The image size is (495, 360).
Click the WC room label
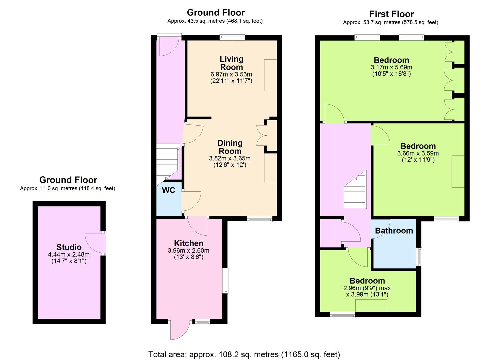coord(168,190)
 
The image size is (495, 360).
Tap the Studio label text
coord(69,247)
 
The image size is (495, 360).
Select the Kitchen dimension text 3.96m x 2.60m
coord(188,251)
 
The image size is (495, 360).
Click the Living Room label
coord(231,63)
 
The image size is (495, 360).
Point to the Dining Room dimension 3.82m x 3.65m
coord(230,158)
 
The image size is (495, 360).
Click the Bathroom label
coord(394,231)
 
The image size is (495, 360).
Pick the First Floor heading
coord(392,14)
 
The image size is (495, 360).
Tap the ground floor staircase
coord(168,162)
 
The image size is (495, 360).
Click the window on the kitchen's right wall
coord(225,281)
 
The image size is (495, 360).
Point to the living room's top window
coord(232,37)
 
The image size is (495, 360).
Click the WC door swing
coord(191,201)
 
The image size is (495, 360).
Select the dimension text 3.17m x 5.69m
coord(391,67)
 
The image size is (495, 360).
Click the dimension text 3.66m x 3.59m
coord(418,153)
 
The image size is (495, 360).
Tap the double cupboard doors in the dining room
coord(262,135)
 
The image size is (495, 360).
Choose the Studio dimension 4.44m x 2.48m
coord(69,254)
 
